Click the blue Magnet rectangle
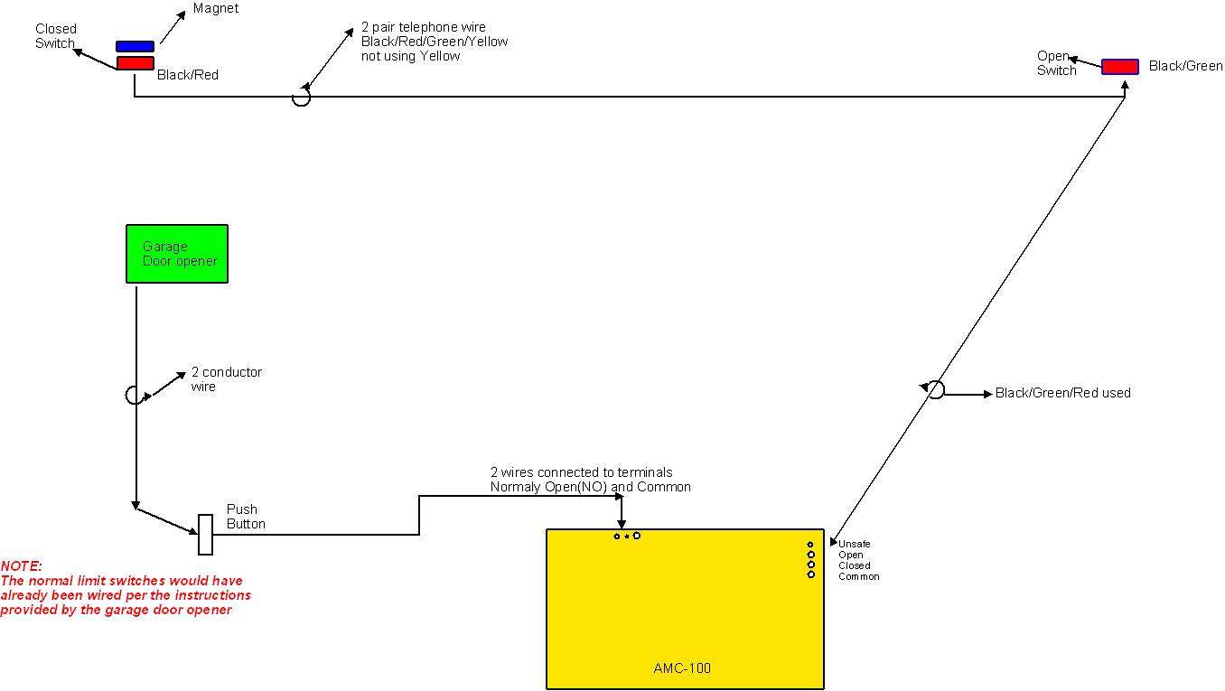pyautogui.click(x=135, y=46)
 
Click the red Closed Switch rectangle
pyautogui.click(x=135, y=63)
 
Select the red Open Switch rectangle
pyautogui.click(x=1119, y=67)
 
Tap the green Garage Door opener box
pyautogui.click(x=176, y=254)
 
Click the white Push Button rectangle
pyautogui.click(x=205, y=535)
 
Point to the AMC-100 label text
pyautogui.click(x=682, y=669)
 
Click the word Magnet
pyautogui.click(x=216, y=9)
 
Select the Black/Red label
pyautogui.click(x=188, y=75)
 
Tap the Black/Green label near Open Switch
pyautogui.click(x=1185, y=66)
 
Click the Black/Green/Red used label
pyautogui.click(x=1062, y=393)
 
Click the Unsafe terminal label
pyautogui.click(x=854, y=544)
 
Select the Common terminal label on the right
pyautogui.click(x=858, y=576)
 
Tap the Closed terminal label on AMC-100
pyautogui.click(x=854, y=565)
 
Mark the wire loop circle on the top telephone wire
pyautogui.click(x=301, y=97)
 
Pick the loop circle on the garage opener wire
pyautogui.click(x=133, y=395)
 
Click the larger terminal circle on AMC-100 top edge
pyautogui.click(x=637, y=536)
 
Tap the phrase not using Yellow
pyautogui.click(x=410, y=56)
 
